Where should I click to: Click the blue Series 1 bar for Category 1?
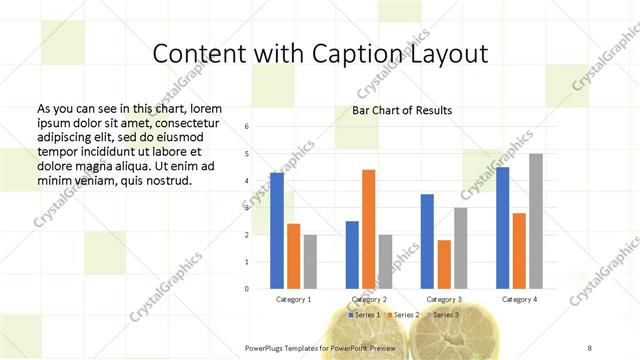coord(277,231)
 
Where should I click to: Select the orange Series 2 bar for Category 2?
coord(369,229)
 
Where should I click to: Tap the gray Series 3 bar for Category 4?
coord(536,221)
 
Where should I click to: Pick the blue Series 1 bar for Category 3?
coord(427,241)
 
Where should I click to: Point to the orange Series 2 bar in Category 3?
coord(444,264)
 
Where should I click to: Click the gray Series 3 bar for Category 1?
coord(310,262)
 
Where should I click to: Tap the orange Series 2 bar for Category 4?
coord(519,251)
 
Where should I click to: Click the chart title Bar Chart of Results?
coord(402,110)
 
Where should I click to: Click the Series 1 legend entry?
coord(361,315)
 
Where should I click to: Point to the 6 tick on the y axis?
coord(247,127)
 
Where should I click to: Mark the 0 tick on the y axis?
coord(247,289)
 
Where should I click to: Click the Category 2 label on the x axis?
coord(369,299)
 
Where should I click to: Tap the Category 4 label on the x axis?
coord(519,299)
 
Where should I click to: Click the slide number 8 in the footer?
coord(590,348)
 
